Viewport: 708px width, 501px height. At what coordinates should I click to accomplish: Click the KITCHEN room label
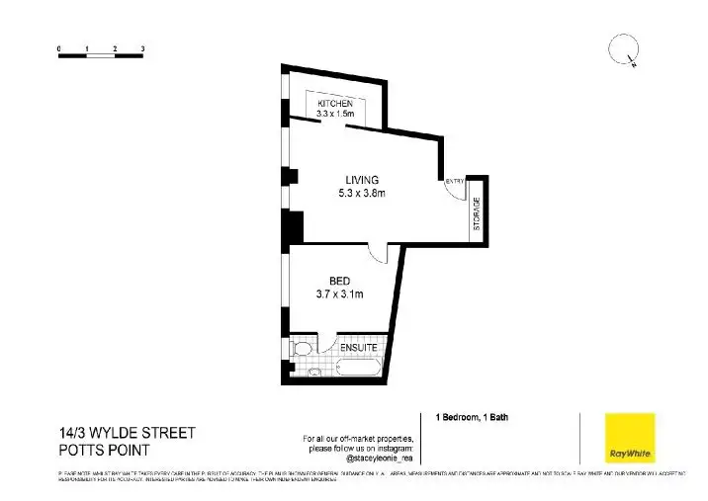tap(334, 104)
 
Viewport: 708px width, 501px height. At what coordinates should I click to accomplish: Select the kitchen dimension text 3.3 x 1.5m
tap(334, 115)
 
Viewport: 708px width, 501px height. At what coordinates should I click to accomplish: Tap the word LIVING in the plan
tap(361, 180)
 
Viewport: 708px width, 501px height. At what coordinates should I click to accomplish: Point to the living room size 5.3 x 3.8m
tap(361, 193)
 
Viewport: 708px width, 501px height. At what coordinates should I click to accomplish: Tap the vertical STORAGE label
tap(476, 213)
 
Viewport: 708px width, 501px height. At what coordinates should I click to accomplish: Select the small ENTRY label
tap(454, 181)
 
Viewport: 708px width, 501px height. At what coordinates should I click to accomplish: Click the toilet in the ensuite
tap(302, 349)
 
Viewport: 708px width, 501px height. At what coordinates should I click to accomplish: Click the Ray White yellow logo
tap(630, 438)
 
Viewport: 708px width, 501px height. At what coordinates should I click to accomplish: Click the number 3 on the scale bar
tap(143, 47)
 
